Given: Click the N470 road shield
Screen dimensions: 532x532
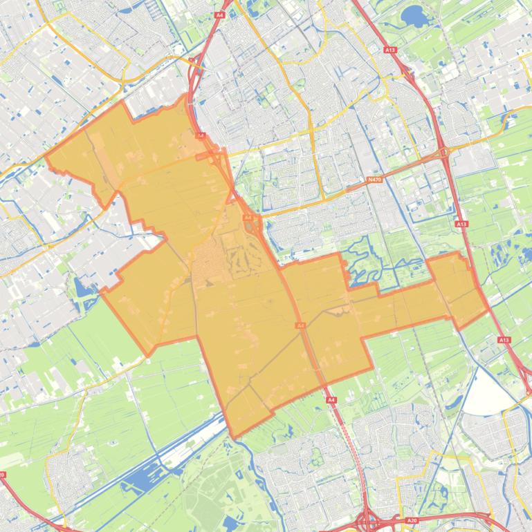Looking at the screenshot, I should [x=374, y=180].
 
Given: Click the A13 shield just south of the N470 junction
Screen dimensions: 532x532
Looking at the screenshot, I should [x=461, y=224].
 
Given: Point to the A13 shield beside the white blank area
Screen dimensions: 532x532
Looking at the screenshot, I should [x=503, y=340].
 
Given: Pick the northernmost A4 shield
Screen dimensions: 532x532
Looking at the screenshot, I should [x=219, y=15].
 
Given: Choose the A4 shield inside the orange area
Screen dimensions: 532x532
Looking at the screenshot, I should [x=300, y=325].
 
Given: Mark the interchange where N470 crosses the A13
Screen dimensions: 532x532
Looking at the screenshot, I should [x=443, y=151].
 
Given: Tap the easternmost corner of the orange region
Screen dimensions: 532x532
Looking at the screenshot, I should [x=488, y=309].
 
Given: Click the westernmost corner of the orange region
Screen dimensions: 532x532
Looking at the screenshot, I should [x=46, y=156].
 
